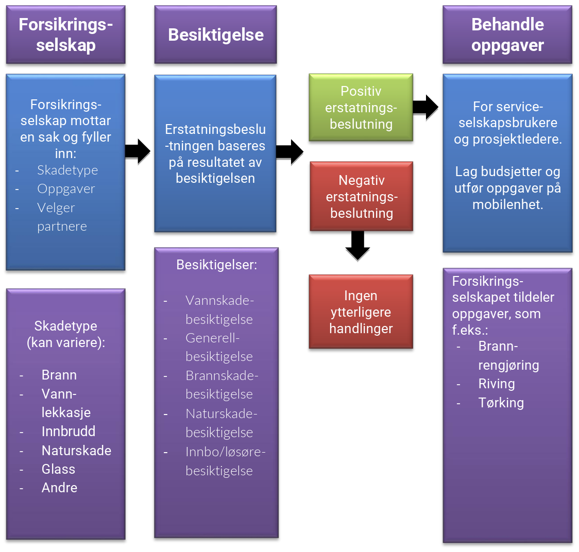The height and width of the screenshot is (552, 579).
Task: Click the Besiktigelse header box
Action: (x=215, y=35)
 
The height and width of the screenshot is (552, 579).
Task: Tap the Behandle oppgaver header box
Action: (x=507, y=35)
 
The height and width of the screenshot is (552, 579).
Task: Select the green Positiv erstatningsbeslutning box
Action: (x=361, y=108)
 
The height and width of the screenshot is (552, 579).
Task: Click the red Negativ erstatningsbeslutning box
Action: (x=361, y=197)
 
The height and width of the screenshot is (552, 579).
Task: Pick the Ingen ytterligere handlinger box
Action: (x=361, y=312)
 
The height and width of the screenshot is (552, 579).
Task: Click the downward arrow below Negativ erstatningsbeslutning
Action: (x=357, y=246)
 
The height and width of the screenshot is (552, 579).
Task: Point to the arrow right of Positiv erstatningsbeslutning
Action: (x=425, y=107)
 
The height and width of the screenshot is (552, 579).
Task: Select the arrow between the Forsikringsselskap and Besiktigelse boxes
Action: (x=138, y=151)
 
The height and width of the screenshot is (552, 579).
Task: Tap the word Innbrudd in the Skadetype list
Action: (x=69, y=432)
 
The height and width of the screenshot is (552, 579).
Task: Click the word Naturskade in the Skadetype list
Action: (x=76, y=451)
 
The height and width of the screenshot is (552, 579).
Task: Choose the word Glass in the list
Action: (x=58, y=469)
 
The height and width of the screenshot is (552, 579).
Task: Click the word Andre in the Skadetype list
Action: (x=59, y=488)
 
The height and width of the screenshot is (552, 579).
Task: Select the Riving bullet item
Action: (x=497, y=384)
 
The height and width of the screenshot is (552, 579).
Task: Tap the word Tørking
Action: (x=501, y=403)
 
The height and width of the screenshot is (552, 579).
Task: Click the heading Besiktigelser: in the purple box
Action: (x=216, y=265)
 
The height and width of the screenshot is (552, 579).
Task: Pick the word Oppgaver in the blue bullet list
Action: (x=66, y=189)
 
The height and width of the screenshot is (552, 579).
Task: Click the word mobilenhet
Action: (x=508, y=204)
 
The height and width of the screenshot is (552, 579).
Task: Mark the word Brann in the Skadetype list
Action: (x=59, y=375)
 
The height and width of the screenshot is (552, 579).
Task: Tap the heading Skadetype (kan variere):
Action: (x=66, y=334)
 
